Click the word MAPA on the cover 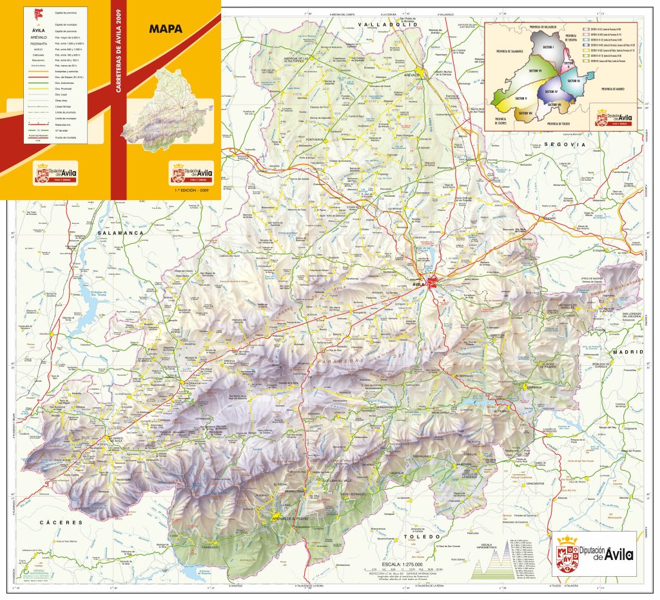[x=166, y=28]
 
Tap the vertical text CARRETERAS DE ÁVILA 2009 [x=118, y=50]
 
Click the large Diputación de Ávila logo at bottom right [x=594, y=553]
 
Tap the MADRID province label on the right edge [x=628, y=352]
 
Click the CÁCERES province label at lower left [x=61, y=521]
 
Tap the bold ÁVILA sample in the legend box [x=38, y=30]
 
